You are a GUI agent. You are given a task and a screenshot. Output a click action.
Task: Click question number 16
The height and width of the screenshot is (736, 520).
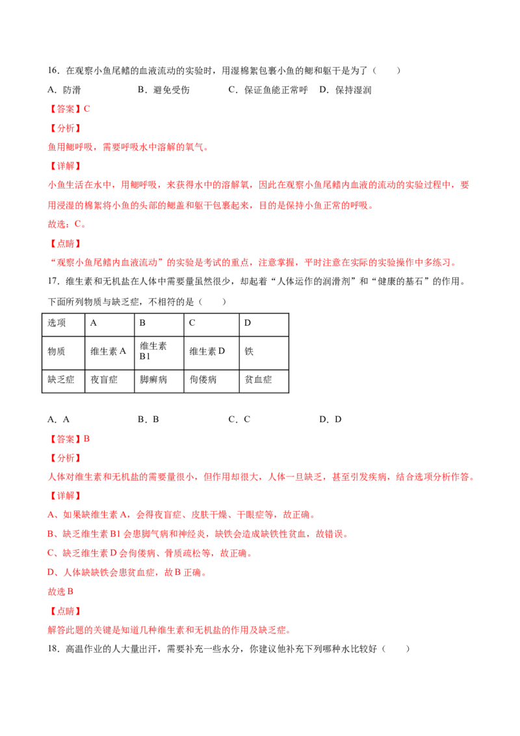(x=53, y=71)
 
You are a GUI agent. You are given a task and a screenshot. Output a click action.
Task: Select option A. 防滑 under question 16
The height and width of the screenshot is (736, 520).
(x=64, y=90)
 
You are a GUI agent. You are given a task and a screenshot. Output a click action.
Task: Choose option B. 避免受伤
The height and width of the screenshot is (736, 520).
(x=164, y=90)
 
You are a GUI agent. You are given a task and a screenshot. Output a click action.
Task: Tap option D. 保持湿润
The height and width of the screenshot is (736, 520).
(x=345, y=90)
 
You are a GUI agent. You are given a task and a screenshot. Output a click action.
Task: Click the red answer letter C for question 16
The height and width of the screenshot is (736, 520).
(x=87, y=109)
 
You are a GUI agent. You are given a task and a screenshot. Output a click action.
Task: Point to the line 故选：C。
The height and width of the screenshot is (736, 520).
(x=67, y=224)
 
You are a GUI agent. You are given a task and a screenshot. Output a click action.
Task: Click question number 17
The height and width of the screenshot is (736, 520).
(x=53, y=282)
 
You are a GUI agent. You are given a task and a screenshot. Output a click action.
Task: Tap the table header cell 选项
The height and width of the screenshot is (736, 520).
(x=57, y=323)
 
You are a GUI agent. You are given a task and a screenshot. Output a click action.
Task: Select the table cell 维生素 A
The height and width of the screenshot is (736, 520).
(x=109, y=351)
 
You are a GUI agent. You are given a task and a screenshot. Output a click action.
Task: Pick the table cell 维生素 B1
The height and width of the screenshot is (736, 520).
(x=153, y=351)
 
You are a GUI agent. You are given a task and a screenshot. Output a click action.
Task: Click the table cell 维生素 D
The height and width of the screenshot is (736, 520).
(x=207, y=351)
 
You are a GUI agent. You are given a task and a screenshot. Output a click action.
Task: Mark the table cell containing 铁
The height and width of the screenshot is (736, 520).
(x=249, y=351)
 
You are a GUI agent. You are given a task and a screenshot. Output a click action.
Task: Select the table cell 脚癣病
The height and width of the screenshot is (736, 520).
(x=153, y=379)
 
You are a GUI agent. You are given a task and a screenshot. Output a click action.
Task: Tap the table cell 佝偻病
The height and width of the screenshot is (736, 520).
(x=203, y=379)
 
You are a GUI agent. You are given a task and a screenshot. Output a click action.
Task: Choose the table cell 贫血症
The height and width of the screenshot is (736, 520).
(x=259, y=379)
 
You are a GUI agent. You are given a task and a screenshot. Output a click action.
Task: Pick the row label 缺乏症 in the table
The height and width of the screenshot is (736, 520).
(x=61, y=379)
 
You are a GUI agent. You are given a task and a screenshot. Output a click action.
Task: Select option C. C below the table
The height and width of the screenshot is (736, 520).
(x=239, y=419)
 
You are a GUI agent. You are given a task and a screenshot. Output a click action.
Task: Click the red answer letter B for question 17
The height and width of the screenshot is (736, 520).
(x=86, y=439)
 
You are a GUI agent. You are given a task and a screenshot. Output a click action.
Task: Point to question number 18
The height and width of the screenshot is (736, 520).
(x=53, y=649)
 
